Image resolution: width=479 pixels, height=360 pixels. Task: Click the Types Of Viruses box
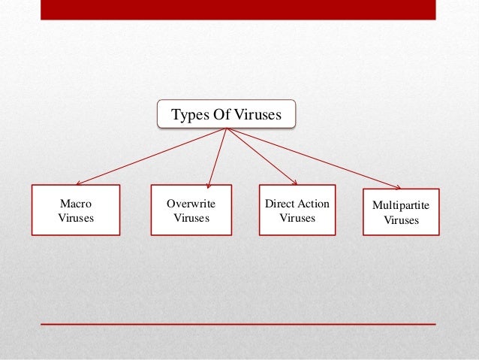tap(226, 115)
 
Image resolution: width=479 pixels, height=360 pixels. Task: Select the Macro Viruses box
tap(75, 210)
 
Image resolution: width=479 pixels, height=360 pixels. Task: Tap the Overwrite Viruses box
tap(191, 210)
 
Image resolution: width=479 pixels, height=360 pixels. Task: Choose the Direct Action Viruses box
tap(297, 210)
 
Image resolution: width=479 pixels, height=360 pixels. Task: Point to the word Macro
tap(75, 204)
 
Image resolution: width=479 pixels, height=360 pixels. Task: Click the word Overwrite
tap(191, 204)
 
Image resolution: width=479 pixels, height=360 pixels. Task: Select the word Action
tap(314, 204)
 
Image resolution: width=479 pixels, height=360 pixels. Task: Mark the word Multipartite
tap(402, 206)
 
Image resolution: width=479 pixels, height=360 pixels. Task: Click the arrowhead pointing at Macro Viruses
tap(79, 183)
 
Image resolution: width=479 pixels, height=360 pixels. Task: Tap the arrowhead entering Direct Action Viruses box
tap(294, 182)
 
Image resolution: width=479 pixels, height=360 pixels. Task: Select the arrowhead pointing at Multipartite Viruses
tap(398, 186)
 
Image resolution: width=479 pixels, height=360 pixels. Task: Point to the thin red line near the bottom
tap(238, 324)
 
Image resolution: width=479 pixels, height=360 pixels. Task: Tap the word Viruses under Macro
tap(75, 218)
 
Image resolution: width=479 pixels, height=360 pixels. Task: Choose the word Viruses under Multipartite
tap(402, 220)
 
